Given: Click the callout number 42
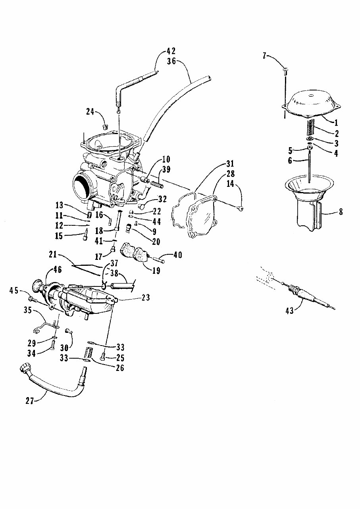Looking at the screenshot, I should point(171,51).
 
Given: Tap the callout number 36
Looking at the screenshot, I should point(171,61).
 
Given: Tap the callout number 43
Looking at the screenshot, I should point(290,311).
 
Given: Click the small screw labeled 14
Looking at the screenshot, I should point(240,208).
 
